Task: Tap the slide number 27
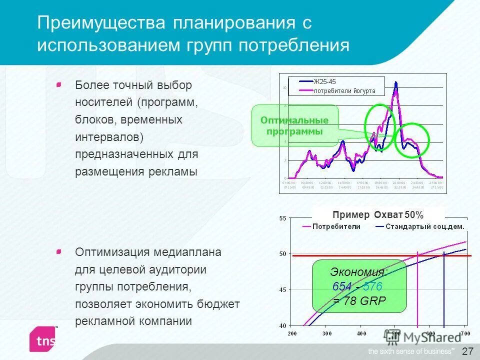coord(467,351)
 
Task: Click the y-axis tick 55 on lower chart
coord(282,218)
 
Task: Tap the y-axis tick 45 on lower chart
coord(282,289)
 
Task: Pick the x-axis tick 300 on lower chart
coord(326,333)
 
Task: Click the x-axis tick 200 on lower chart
coord(292,333)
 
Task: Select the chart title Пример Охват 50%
coord(377,215)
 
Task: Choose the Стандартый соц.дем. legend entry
coord(423,226)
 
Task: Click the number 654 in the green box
coord(341,286)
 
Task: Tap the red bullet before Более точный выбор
coord(59,85)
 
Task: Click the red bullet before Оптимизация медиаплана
coord(59,251)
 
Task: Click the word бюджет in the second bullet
coord(219,303)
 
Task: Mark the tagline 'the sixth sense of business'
coord(411,350)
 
